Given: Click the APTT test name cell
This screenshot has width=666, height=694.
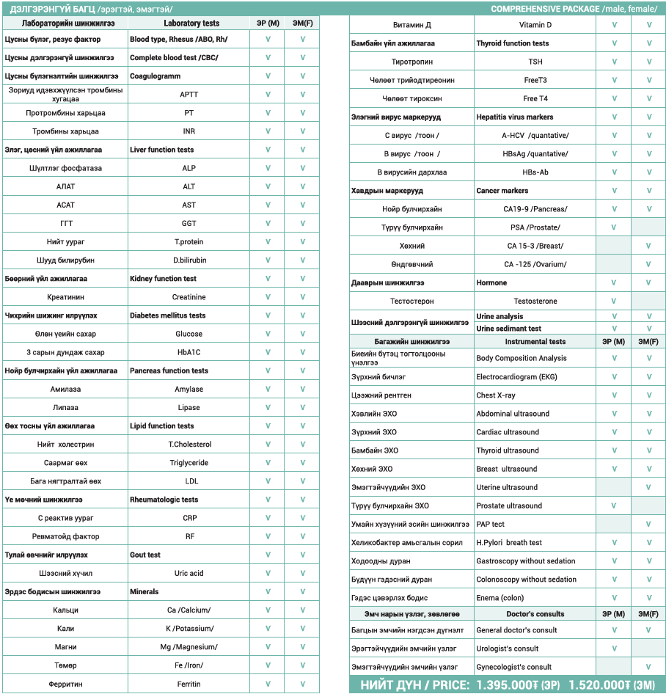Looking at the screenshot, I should point(189,95).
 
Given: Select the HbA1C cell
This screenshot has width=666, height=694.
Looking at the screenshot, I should point(189,352).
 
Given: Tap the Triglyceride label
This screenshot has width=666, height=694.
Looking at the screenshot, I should point(189,463).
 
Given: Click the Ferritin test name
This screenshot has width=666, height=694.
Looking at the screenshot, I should point(189,684).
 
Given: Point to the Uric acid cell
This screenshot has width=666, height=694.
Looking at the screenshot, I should point(189,573).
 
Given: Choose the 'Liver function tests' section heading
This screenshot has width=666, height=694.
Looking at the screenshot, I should point(162,150).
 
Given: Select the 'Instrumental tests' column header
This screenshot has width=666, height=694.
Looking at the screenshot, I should point(535,341).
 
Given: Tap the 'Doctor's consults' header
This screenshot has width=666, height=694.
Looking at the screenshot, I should point(535,614).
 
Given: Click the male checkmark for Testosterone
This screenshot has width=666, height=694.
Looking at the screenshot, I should point(614,302).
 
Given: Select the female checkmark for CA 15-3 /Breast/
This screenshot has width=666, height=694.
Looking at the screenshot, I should point(648,246).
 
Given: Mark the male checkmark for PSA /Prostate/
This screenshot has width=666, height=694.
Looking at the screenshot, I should point(614,227).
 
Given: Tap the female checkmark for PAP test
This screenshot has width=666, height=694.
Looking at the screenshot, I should point(648,525).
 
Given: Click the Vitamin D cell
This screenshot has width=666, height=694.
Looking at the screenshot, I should point(535,25).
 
